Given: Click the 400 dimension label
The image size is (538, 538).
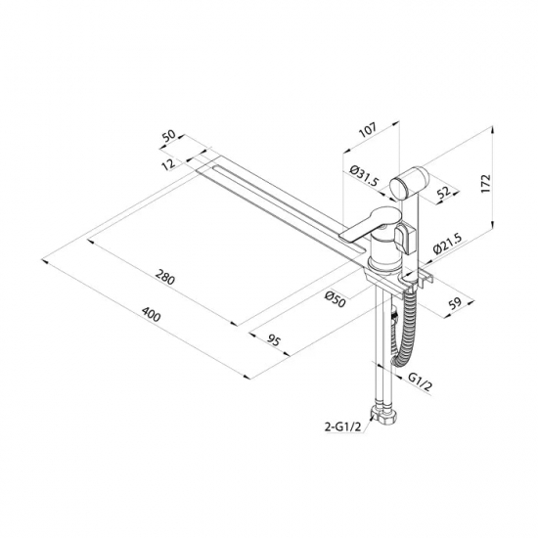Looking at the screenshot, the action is (151, 315).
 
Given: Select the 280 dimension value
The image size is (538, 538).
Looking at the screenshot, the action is (165, 277).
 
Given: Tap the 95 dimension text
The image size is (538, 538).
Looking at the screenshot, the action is (274, 340).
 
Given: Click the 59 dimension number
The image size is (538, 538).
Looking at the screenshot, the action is (456, 303).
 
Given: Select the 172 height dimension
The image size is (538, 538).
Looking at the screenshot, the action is (486, 184).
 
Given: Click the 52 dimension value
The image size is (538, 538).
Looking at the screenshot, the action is (444, 192).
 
